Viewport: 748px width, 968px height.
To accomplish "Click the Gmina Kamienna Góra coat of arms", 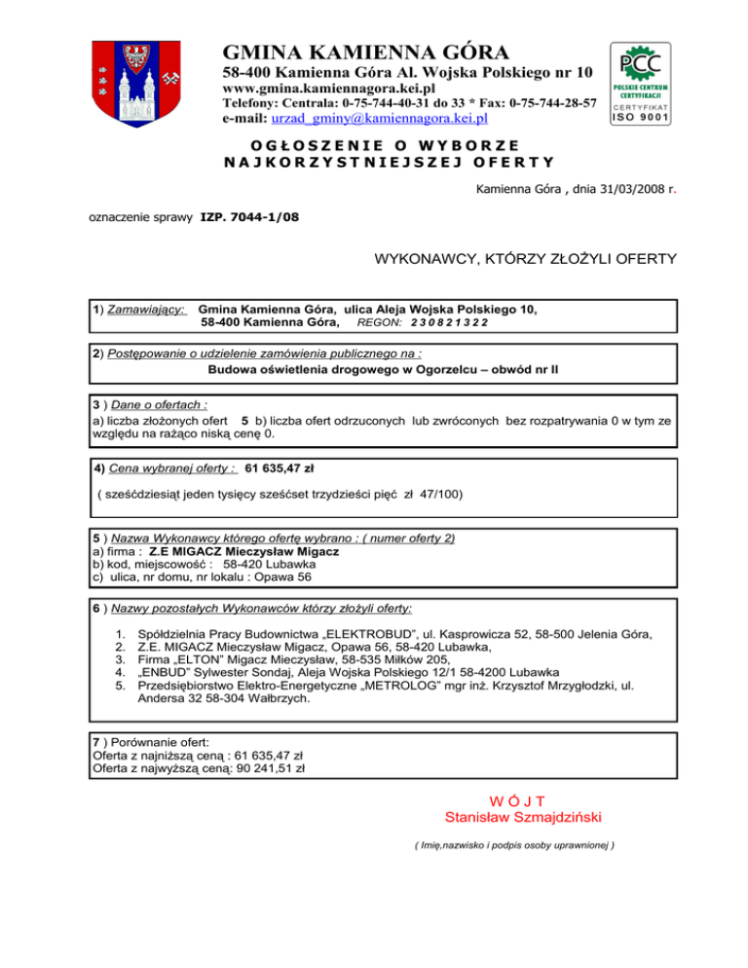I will point(135,87).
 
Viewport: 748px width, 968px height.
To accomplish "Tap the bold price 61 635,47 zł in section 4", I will point(287,466).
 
